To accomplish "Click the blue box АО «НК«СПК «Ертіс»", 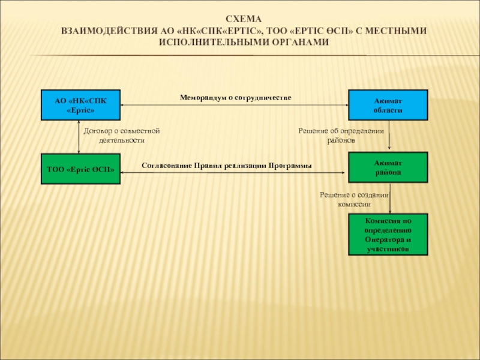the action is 80,105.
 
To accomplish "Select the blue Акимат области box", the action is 388,105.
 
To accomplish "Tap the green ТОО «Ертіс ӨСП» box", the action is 80,169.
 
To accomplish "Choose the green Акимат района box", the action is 388,167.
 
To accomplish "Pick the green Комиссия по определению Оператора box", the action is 388,235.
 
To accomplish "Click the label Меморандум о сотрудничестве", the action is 235,98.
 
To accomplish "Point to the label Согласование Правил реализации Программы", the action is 227,166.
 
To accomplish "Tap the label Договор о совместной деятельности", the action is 122,136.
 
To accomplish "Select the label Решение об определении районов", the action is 341,136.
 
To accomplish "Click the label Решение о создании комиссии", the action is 354,200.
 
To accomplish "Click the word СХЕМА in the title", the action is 244,19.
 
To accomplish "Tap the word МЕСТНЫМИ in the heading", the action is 396,31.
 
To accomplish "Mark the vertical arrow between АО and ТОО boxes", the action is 79,137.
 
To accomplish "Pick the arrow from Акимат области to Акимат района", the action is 389,135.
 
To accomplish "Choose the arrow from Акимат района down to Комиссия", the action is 389,198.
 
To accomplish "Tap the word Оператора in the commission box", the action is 388,239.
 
